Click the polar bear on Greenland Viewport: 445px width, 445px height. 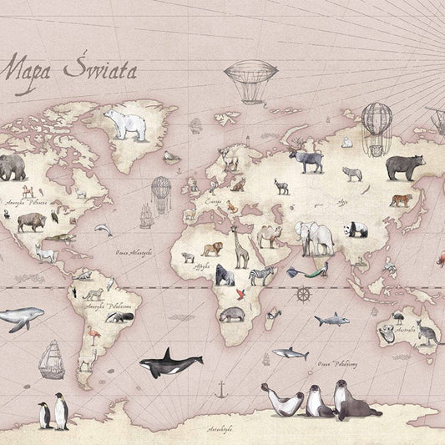124,125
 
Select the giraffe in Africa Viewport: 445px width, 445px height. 240,248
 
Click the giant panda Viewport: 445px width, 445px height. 357,229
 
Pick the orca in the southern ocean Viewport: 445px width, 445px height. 171,363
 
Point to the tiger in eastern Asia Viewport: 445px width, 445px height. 400,200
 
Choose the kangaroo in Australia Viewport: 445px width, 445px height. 428,333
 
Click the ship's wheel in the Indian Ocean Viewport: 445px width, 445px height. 304,295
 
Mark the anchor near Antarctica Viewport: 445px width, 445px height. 220,389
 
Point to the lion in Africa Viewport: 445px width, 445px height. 212,248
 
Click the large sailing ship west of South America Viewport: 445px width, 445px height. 52,358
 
